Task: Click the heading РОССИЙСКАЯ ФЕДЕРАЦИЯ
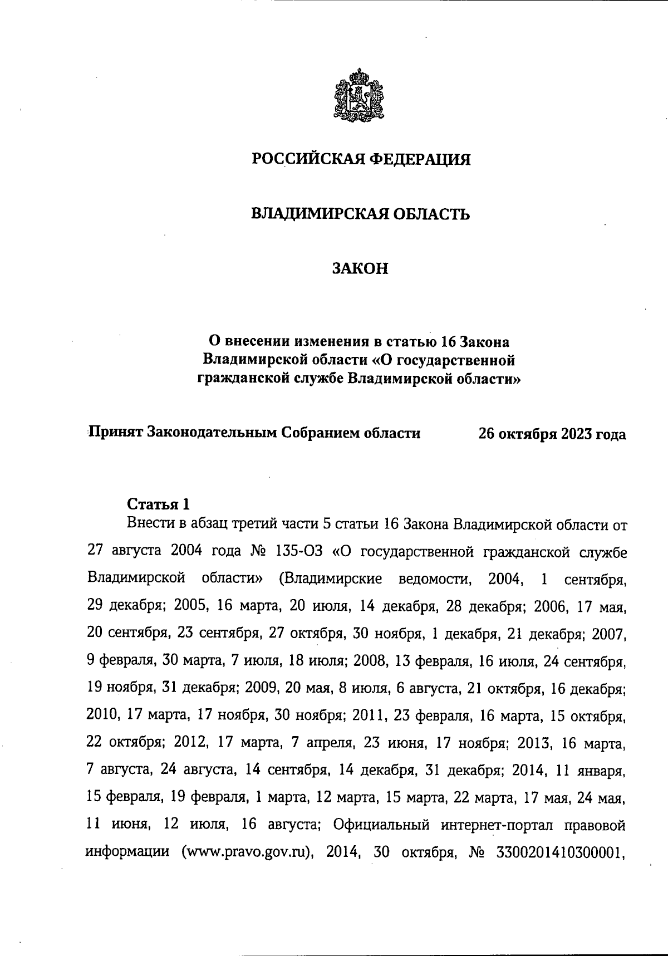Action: coord(361,160)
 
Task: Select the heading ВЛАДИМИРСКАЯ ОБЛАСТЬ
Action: coord(361,214)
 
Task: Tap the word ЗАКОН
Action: coord(360,269)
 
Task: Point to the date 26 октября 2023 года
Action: coord(552,434)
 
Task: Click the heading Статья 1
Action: coord(159,504)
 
